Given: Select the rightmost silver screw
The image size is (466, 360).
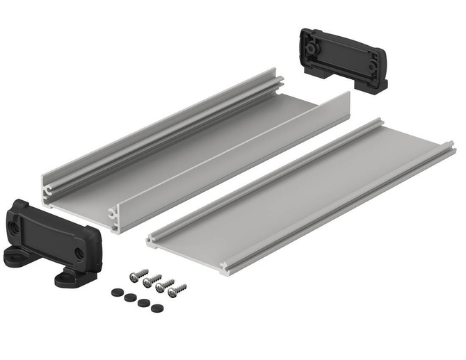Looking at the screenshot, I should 179,286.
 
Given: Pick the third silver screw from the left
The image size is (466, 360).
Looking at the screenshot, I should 164,284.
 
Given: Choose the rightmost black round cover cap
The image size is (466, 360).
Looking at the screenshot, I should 157,308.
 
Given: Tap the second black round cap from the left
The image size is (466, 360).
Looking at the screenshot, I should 130,297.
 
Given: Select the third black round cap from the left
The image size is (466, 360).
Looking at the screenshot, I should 143,303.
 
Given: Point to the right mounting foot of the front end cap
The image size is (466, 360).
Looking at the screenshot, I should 66,278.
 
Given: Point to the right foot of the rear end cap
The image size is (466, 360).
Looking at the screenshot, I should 376,84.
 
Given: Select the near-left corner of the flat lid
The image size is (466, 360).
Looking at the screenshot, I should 152,240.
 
